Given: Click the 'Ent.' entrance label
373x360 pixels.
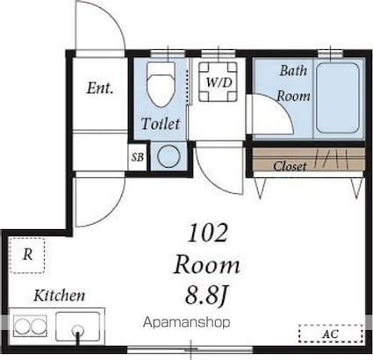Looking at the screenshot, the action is point(100,88).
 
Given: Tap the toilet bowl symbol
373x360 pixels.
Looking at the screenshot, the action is point(161,83).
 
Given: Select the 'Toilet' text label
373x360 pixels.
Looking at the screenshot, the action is point(161,124).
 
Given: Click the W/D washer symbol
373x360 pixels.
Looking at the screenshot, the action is point(218,82).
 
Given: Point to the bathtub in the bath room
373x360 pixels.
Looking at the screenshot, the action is point(338,98).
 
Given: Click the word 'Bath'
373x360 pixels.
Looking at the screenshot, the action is point(293,70).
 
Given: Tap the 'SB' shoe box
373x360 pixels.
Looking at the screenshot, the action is point(138,157).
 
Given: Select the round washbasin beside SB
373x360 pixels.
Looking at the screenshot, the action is point(169,156).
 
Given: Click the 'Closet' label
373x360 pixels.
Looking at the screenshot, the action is point(290,166).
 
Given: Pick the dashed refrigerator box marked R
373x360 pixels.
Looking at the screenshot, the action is point(27,256).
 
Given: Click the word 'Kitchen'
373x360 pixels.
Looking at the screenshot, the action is point(60,295).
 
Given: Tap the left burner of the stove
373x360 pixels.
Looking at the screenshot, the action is point(22,326).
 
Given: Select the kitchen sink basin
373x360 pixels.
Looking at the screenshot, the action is point(78,327).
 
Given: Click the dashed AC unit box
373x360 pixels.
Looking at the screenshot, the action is point(331,334).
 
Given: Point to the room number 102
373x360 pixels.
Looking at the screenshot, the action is point(208,233).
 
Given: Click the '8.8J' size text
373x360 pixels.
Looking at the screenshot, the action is point(206,295).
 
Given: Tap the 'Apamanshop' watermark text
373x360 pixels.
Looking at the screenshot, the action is point(186,322).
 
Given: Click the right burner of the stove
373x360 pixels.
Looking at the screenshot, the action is point(39,326).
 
